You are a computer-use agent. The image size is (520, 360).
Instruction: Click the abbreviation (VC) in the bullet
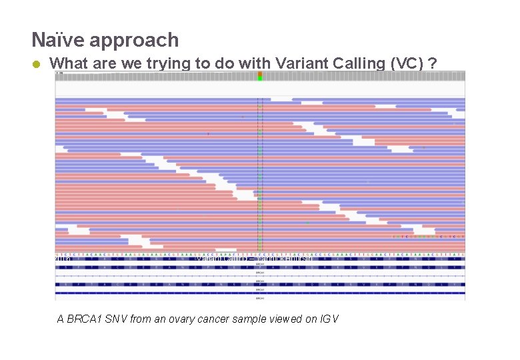coord(405,63)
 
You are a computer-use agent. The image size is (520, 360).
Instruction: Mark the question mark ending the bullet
coord(433,63)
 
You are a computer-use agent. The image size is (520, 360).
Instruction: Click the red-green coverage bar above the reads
coord(260,76)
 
